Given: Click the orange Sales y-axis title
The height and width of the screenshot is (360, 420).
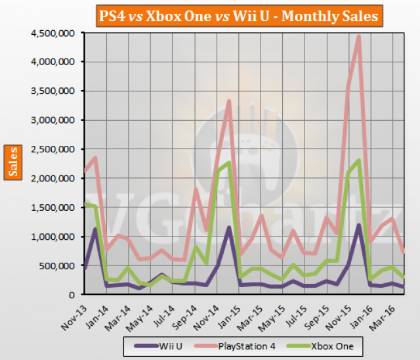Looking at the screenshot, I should click(x=14, y=162).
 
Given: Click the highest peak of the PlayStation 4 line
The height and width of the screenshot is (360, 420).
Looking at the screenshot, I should click(x=359, y=37).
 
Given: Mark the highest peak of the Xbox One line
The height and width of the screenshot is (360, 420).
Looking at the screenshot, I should click(x=359, y=160).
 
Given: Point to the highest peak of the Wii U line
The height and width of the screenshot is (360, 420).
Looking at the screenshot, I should click(x=359, y=225).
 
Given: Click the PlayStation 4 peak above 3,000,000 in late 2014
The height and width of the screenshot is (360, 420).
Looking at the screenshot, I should click(x=228, y=101).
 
